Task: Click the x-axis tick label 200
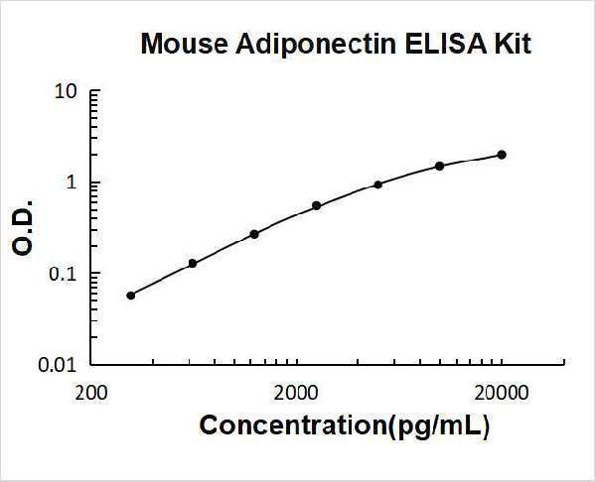tap(92, 391)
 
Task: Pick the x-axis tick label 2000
tap(296, 391)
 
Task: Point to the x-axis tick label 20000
tap(501, 391)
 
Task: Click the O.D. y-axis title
tap(25, 229)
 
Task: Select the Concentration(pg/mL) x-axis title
tap(345, 425)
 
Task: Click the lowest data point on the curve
tap(131, 295)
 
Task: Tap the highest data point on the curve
tap(502, 155)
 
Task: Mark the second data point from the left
tap(193, 263)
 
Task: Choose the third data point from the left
tap(254, 234)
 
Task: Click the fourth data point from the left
tap(316, 206)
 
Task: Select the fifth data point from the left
tap(377, 184)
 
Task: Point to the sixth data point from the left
tap(440, 166)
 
